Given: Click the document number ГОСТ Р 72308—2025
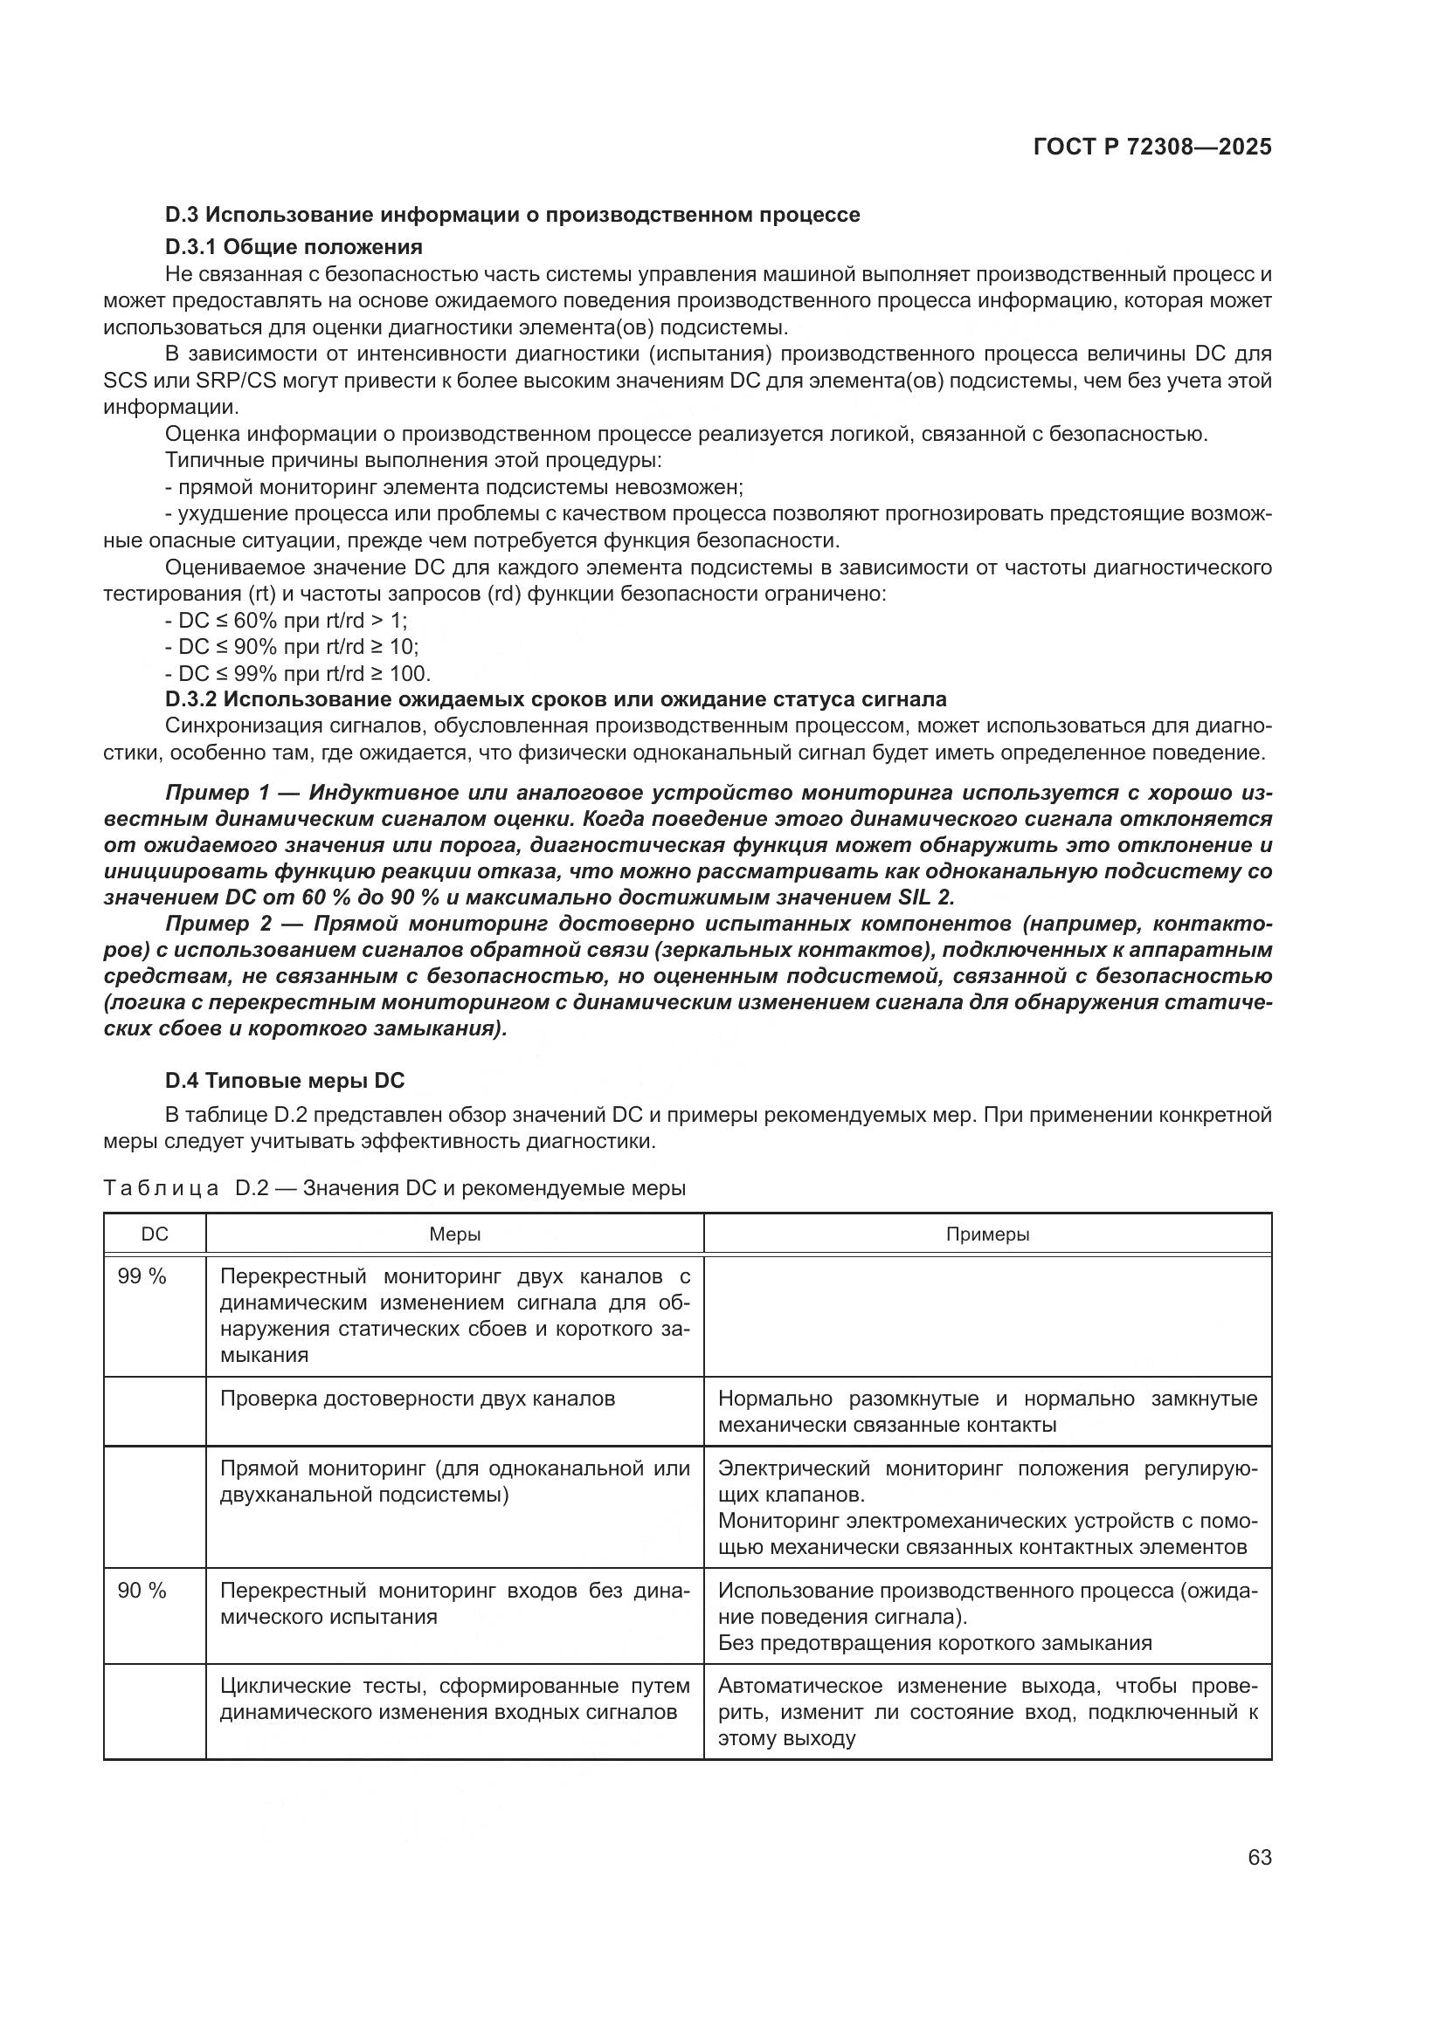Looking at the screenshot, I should [1151, 148].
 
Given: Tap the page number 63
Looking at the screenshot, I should [1259, 1857].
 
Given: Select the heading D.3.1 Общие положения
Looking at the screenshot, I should [294, 246].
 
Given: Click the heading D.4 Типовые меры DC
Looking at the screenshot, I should [285, 1081].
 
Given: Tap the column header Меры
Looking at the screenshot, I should [454, 1234].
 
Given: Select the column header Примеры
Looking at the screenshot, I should [988, 1234].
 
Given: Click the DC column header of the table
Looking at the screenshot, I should [155, 1234].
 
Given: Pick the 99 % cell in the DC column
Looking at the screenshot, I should [142, 1276].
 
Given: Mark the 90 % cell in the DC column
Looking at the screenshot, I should [142, 1590].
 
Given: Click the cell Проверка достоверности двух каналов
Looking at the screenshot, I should [418, 1398].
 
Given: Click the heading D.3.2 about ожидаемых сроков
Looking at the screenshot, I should [557, 699].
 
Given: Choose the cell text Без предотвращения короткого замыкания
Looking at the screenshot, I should [934, 1643].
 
